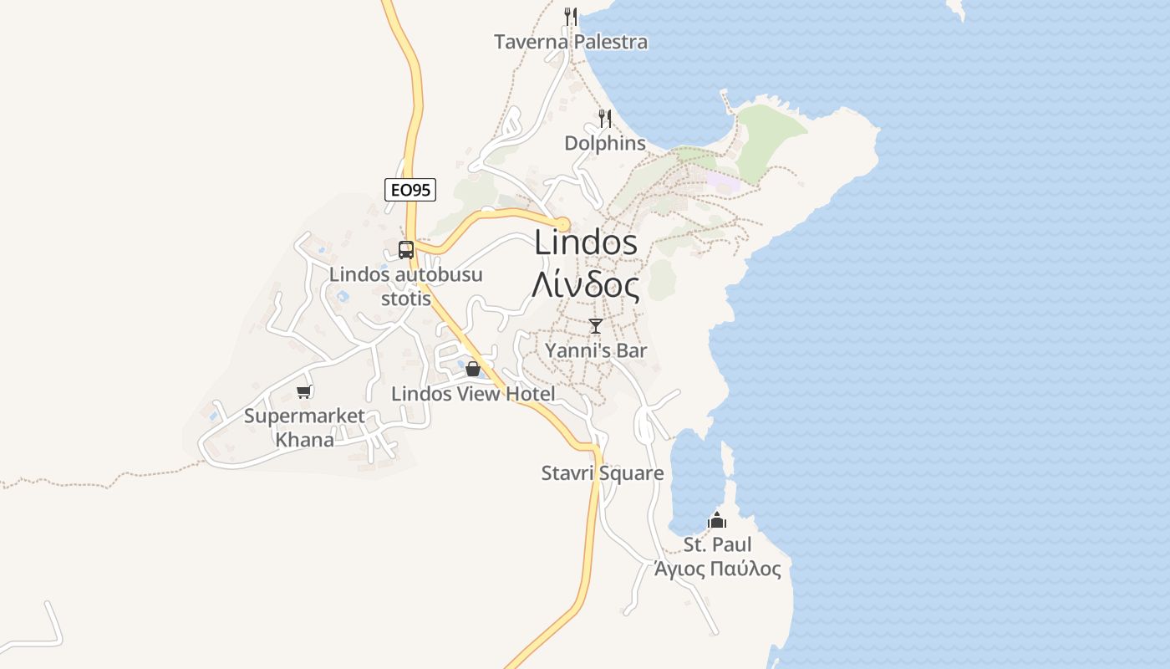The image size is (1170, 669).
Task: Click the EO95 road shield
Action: (410, 190)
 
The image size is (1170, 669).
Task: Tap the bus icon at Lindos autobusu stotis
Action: (405, 249)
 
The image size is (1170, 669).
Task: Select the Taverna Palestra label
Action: (571, 42)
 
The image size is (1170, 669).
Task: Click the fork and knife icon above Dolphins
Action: (605, 119)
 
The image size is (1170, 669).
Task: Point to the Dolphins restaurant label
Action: (605, 143)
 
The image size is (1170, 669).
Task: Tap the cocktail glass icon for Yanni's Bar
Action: (595, 325)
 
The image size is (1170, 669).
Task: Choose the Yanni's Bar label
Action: (596, 350)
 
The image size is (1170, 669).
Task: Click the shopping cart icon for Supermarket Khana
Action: (304, 391)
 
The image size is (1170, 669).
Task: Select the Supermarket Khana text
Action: (304, 427)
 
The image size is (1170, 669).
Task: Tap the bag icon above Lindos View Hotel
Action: (473, 368)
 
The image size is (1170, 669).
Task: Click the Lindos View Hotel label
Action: (473, 394)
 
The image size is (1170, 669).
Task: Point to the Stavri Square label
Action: (603, 473)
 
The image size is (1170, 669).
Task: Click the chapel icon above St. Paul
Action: (717, 520)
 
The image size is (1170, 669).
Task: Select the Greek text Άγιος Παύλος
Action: (718, 569)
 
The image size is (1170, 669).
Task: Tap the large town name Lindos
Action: (586, 243)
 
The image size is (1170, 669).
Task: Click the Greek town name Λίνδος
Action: (586, 285)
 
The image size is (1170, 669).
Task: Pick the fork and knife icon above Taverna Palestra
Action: (571, 16)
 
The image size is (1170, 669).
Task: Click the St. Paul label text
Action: (718, 545)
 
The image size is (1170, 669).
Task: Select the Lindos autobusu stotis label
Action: (406, 286)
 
